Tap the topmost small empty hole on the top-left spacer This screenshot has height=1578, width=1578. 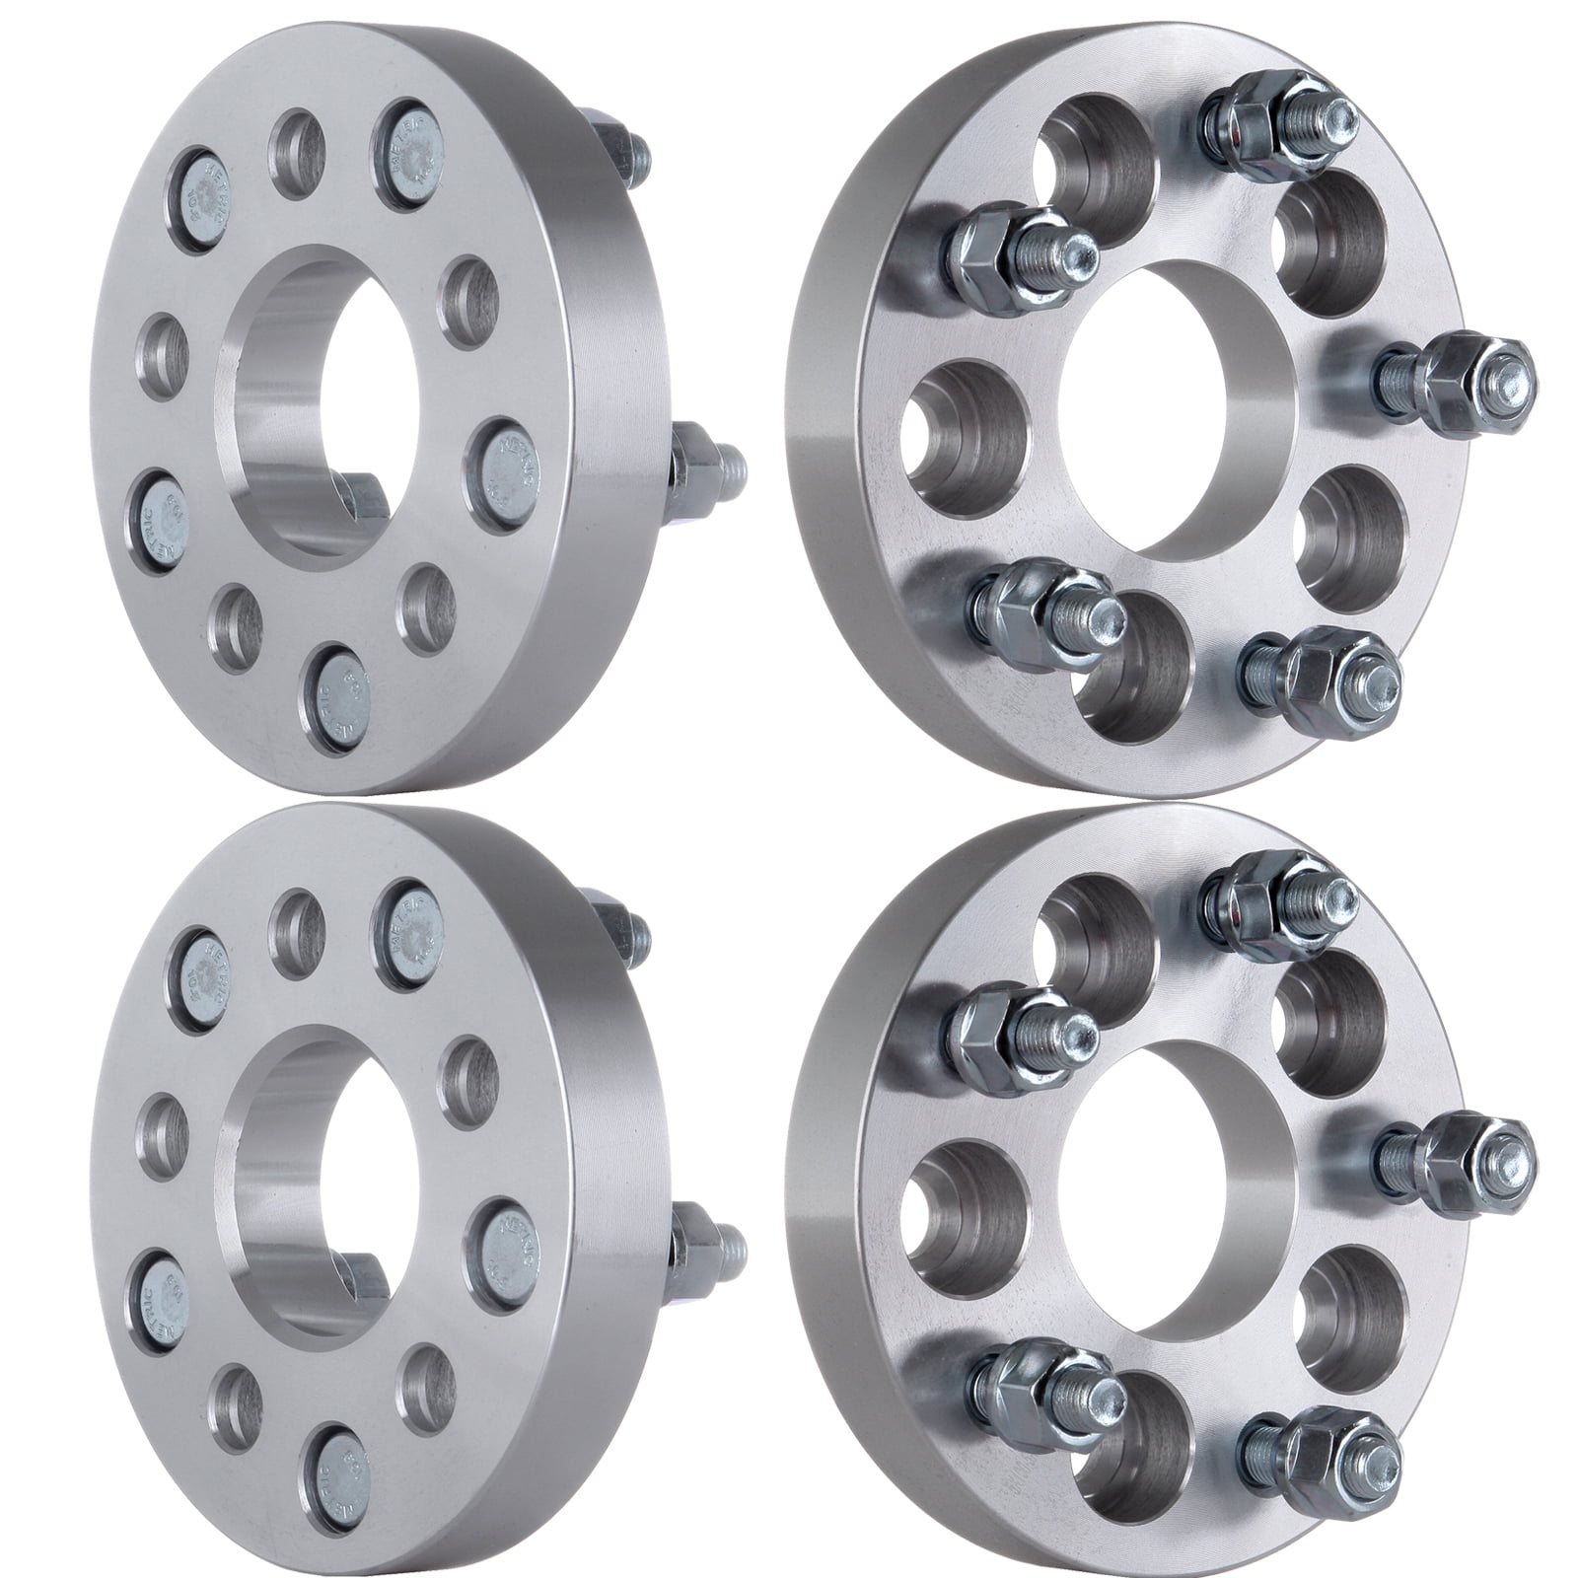coord(298,153)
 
